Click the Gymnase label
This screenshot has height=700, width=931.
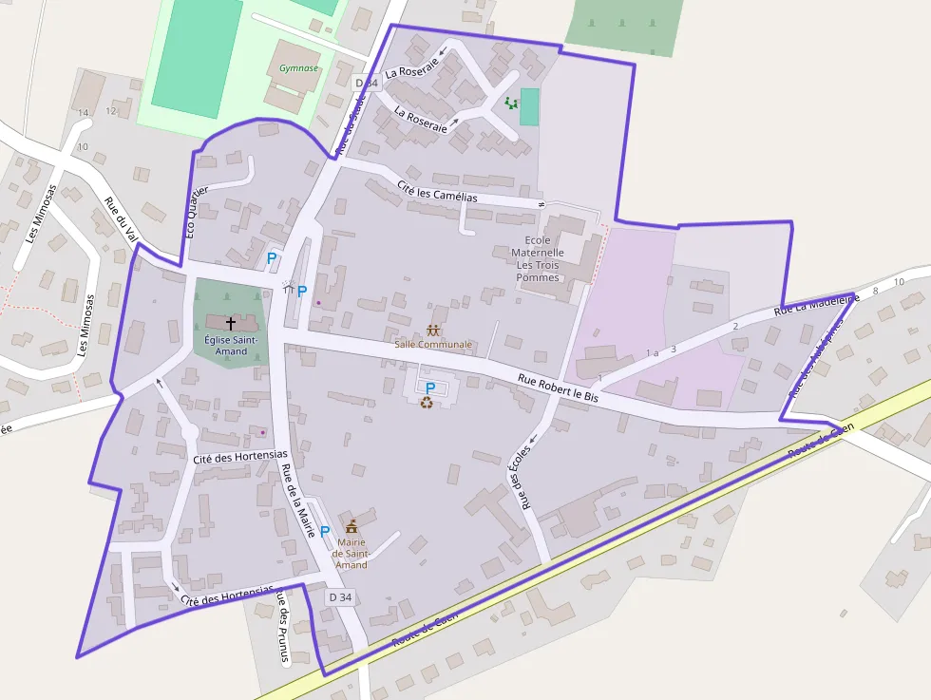click(298, 68)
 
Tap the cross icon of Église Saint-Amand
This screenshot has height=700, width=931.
click(230, 324)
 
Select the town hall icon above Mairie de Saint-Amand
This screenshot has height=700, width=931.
click(351, 526)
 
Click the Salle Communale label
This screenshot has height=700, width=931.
click(433, 344)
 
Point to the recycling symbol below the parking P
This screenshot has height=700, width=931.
click(427, 403)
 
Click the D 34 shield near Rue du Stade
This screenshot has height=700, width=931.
click(367, 83)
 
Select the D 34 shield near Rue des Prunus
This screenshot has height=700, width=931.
click(339, 597)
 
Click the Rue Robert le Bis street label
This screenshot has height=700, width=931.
click(559, 388)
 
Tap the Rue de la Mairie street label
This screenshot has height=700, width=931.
click(298, 501)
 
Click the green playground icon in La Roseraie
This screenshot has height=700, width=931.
click(511, 103)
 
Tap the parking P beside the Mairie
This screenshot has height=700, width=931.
click(325, 532)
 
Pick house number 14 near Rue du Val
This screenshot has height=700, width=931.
click(84, 113)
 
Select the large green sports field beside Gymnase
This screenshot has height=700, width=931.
click(197, 52)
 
